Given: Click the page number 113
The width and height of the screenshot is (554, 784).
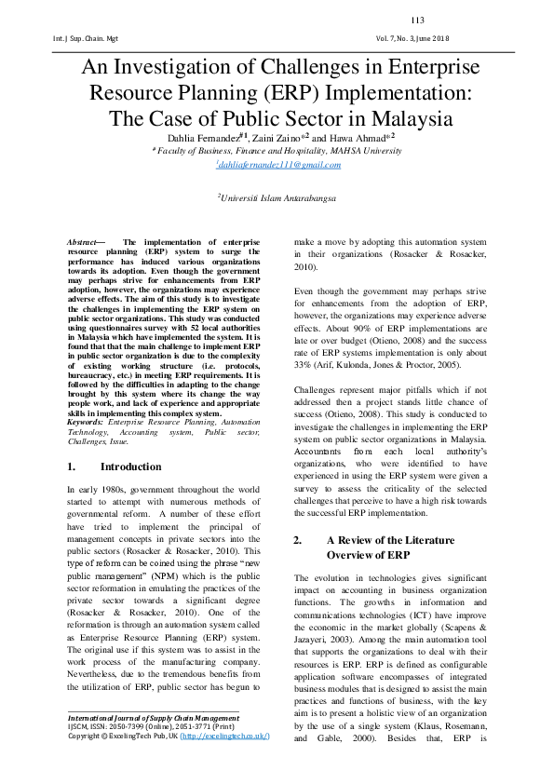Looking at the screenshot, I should pos(417,20).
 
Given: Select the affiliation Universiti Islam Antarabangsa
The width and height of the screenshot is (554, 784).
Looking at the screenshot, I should pos(277,197).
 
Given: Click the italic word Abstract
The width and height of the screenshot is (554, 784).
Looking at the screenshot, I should pos(85,242).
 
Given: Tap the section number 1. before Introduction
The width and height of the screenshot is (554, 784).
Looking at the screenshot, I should pos(72,466).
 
